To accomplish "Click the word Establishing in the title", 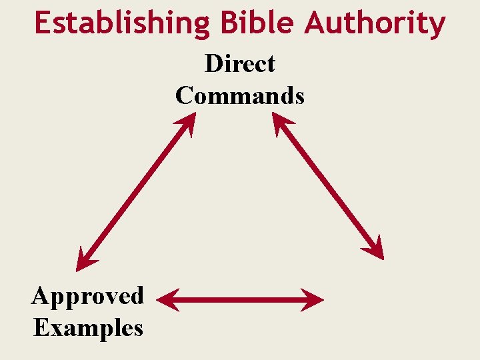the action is tap(122, 23).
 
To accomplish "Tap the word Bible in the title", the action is tap(257, 23).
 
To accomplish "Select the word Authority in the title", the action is tap(375, 23).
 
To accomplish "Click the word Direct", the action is tap(240, 64).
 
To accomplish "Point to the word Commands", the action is tap(240, 95).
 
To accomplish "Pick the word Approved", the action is tap(87, 296).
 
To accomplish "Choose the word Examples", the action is tap(88, 327).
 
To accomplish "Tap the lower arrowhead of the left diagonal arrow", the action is tap(83, 261).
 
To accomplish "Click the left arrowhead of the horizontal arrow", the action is tap(165, 300).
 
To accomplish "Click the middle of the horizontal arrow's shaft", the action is tap(240, 300).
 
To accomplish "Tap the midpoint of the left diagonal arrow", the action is tap(135, 191).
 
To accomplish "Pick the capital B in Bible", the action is tap(229, 23).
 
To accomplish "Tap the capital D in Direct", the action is tap(214, 64).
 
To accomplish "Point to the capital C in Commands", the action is tap(185, 95).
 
